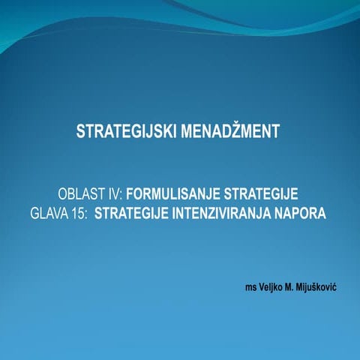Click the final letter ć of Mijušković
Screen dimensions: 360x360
(x=334, y=286)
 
